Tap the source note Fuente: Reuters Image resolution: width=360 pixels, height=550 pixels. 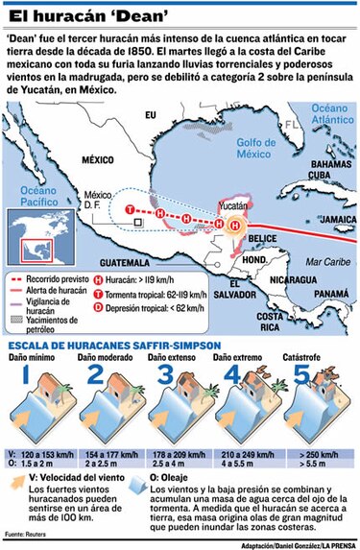pos(28,533)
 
